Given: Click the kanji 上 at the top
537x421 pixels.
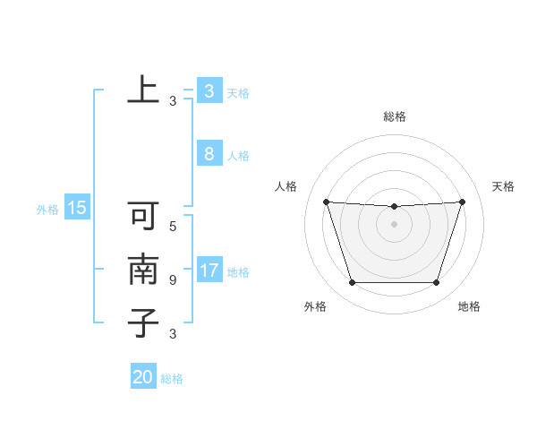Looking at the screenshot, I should coord(142,90).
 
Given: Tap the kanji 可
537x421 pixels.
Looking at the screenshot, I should coord(142,217).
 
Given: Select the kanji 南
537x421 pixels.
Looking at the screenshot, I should coord(142,270).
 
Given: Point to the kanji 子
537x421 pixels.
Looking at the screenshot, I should coord(142,322).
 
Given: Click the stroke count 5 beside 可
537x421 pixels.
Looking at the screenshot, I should coord(173,227).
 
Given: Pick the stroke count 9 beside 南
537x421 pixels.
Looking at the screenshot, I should coord(173,280).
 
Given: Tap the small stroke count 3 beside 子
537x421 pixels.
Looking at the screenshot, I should coord(173,334).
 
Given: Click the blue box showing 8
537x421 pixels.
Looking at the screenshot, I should coord(209,154).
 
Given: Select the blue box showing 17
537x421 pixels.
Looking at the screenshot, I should coord(209,271).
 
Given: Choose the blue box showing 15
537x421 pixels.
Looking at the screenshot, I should coord(77,209).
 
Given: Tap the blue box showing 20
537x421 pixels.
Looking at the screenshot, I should coord(142,377).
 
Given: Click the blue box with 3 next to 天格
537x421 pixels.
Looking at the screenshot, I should coord(209,91).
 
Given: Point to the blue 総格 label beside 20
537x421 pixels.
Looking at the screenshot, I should coord(172,379).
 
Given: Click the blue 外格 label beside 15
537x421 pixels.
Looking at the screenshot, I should coord(47,210).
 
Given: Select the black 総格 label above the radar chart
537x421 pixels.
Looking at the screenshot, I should coord(394,116).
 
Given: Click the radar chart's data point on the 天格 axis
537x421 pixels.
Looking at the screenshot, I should coord(462,202).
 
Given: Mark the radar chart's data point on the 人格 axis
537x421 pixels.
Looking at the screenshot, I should coord(326,202).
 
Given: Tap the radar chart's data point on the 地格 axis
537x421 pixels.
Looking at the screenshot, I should coord(436,283).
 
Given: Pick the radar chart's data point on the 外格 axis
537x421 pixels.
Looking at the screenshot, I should coord(352,283).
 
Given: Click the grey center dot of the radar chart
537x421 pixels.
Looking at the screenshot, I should coord(394,224).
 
